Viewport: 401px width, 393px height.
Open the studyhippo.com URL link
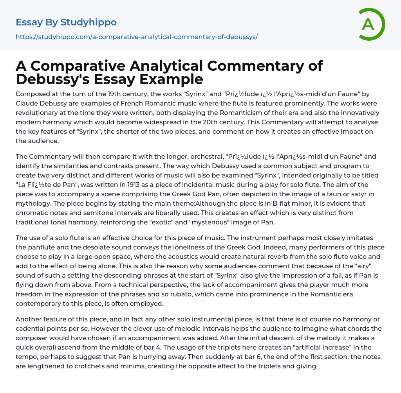137,37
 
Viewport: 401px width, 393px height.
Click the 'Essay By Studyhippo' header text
66,22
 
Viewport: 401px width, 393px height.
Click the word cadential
34,328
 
